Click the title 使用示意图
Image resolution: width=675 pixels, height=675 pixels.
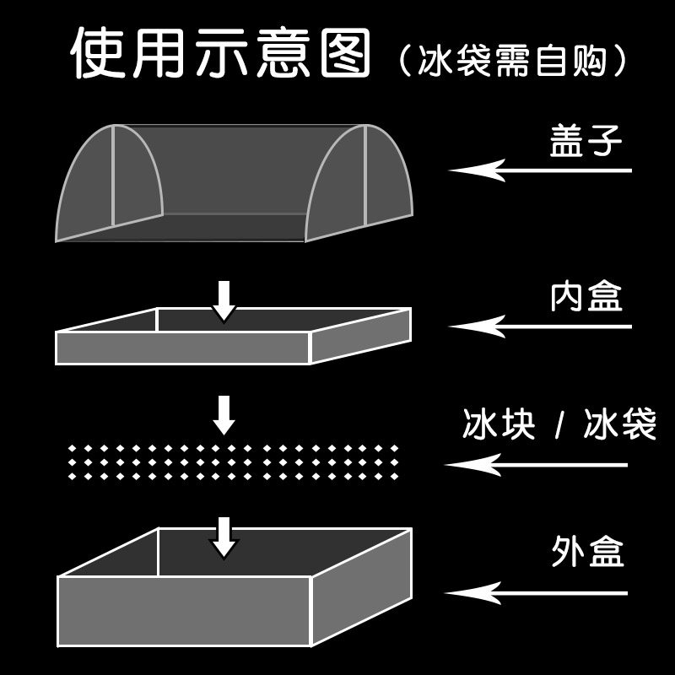pyautogui.click(x=221, y=53)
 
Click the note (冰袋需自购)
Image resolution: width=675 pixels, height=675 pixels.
pyautogui.click(x=513, y=60)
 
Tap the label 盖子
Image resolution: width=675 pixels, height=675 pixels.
pyautogui.click(x=586, y=143)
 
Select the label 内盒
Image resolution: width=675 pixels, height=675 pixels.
pyautogui.click(x=586, y=297)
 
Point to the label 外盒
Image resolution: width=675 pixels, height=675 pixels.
pyautogui.click(x=586, y=554)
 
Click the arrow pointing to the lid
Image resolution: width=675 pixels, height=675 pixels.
pyautogui.click(x=540, y=170)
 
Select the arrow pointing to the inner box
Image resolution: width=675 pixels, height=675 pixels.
pyautogui.click(x=540, y=326)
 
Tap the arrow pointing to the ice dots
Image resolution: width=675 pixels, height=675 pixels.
pyautogui.click(x=537, y=464)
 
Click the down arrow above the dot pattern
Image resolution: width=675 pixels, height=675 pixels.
pyautogui.click(x=224, y=414)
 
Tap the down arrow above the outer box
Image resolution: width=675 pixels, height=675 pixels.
pyautogui.click(x=224, y=537)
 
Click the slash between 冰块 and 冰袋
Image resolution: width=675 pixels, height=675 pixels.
pyautogui.click(x=559, y=425)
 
